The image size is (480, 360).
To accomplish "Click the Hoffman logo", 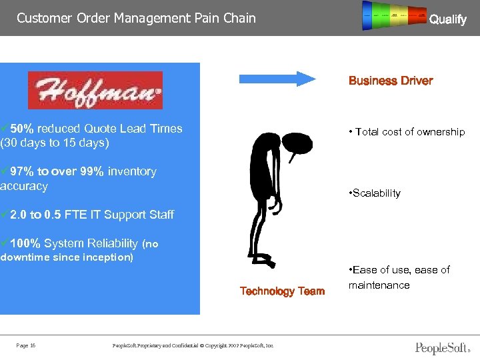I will coord(95,90).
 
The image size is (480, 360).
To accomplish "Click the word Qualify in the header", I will coord(447,19).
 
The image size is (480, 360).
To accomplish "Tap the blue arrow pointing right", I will coord(277,79).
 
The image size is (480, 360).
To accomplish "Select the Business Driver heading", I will coord(391,81).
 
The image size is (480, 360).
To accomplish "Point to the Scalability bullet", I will coord(375,193).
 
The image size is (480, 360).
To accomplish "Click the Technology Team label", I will coord(282,291).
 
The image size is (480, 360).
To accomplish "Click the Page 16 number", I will coord(26,345).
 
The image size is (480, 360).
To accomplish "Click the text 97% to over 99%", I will coord(57,171).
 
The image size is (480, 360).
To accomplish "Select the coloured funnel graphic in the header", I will coord(394,16).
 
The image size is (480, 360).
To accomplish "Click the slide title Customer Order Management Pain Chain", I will coord(136,18).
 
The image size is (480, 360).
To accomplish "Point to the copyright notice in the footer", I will coord(193,345).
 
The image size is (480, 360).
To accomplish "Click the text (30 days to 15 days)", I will coord(55,143).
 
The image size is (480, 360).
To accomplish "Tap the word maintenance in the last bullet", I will coord(379,285).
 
